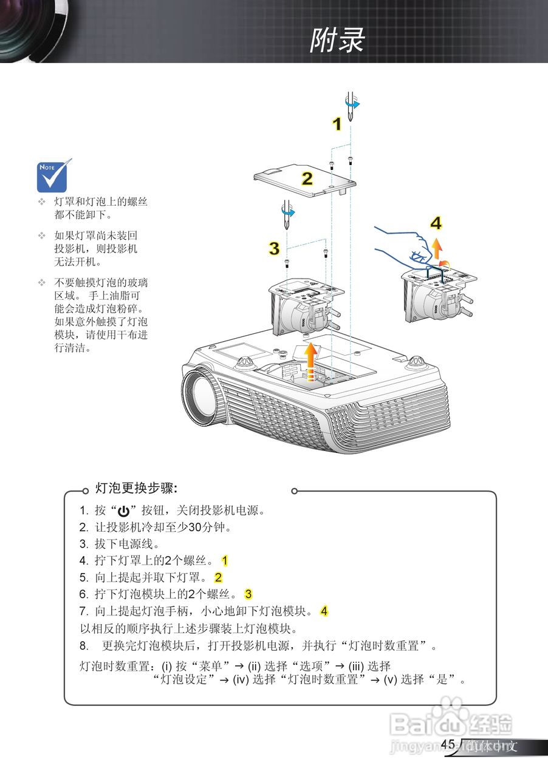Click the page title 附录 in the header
click(337, 41)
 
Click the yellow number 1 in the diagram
click(336, 124)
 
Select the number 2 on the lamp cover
click(307, 178)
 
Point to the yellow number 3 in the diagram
click(275, 248)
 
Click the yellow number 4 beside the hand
click(436, 223)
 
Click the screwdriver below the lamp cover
click(285, 212)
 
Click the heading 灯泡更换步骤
click(136, 488)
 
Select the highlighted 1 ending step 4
click(225, 560)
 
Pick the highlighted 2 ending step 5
click(218, 577)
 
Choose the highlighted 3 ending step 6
click(248, 594)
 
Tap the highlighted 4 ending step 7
click(324, 611)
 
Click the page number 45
click(448, 745)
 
